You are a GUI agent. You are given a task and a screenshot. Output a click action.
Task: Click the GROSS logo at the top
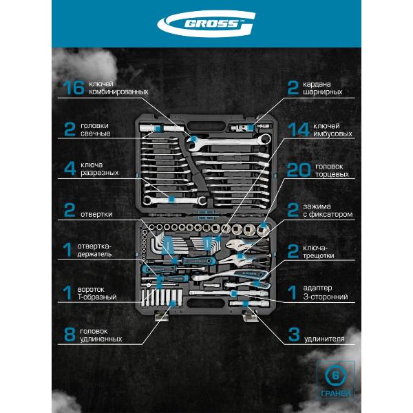pos(206,26)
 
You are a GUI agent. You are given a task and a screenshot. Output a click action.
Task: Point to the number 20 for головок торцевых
pos(299,170)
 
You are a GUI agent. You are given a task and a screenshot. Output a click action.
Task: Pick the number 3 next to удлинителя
pos(294,335)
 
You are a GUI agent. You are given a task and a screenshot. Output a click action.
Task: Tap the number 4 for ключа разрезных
pos(69,169)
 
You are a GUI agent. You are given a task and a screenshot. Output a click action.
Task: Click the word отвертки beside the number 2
pos(97,213)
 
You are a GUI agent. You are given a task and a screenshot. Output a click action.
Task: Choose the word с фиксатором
pos(330,215)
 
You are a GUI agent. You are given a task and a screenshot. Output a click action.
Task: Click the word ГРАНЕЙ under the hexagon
pos(336,394)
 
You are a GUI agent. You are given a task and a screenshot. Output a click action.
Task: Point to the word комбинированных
pos(113,92)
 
